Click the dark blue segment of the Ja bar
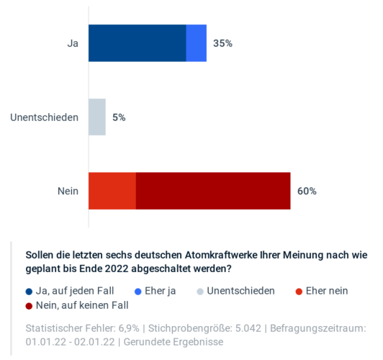coord(137,43)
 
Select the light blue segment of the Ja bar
coord(197,43)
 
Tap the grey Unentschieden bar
coord(97,117)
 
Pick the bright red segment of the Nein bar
coord(112,191)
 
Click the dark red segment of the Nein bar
coord(213,191)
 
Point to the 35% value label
coord(222,43)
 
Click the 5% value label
coord(119,117)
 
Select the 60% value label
coord(307,191)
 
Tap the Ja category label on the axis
coord(73,43)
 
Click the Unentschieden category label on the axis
coord(45,117)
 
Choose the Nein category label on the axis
coord(68,191)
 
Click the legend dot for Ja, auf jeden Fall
coord(30,292)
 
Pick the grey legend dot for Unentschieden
coord(201,292)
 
